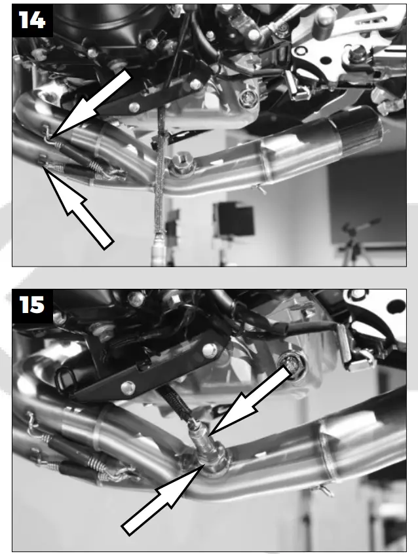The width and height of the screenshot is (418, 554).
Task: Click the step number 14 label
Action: pos(31,21)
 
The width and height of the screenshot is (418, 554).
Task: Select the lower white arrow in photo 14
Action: pos(79,206)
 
